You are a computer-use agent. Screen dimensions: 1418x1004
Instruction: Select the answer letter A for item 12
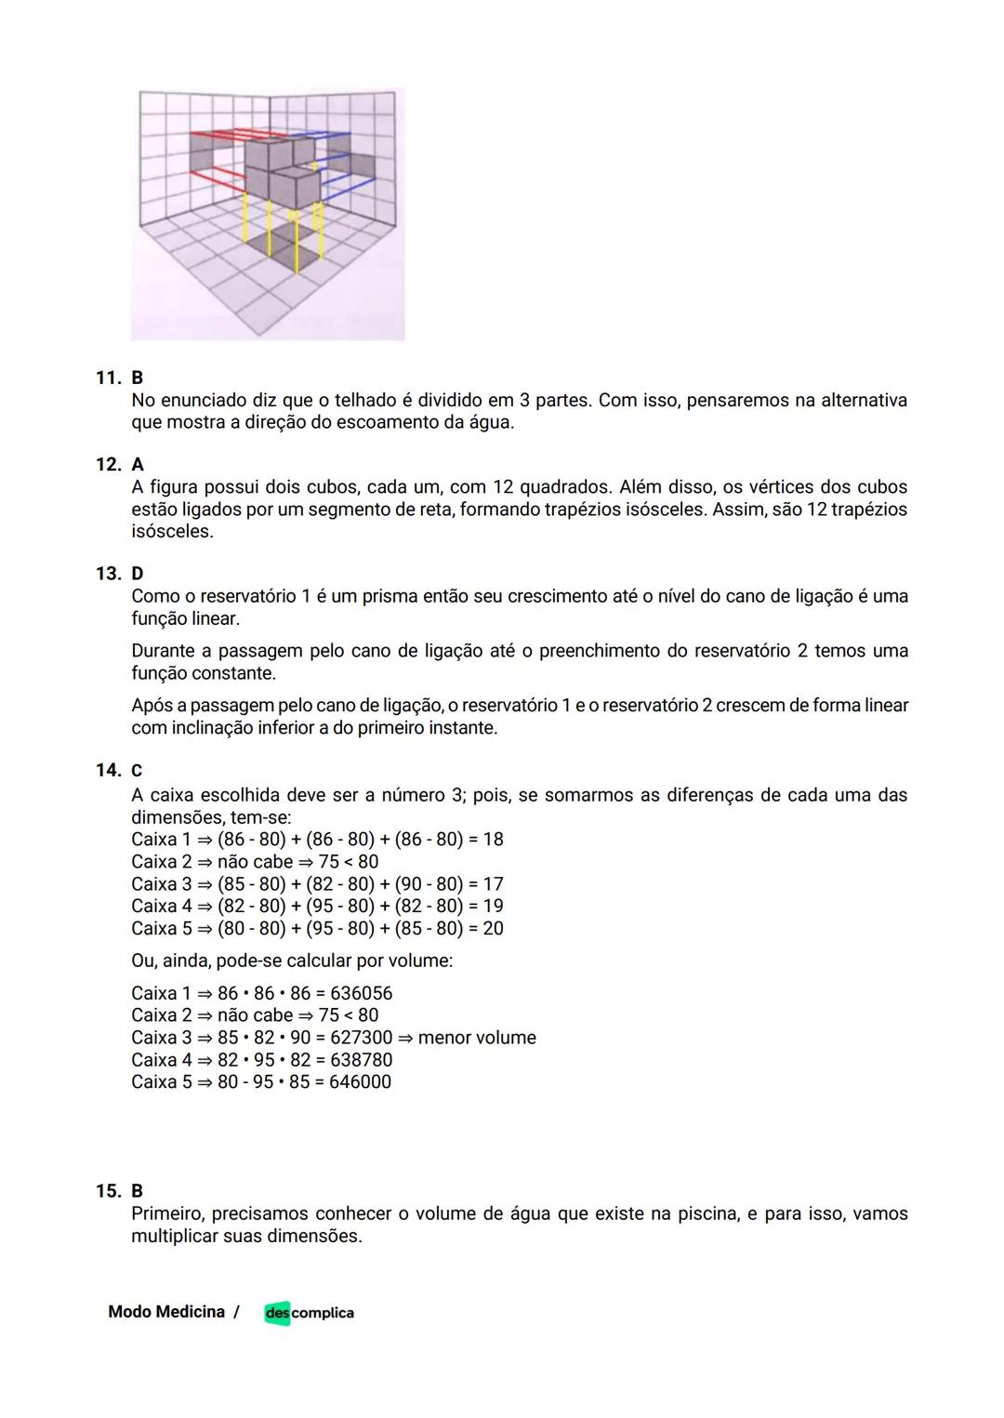[138, 464]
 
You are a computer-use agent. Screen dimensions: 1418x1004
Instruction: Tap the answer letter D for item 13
[138, 574]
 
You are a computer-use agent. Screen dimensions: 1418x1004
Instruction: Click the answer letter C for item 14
[137, 771]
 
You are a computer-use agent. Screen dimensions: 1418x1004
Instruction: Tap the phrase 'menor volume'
[477, 1038]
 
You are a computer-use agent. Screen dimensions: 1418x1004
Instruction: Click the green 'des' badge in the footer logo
[277, 1313]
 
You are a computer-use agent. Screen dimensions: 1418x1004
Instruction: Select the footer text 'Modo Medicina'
[166, 1312]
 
